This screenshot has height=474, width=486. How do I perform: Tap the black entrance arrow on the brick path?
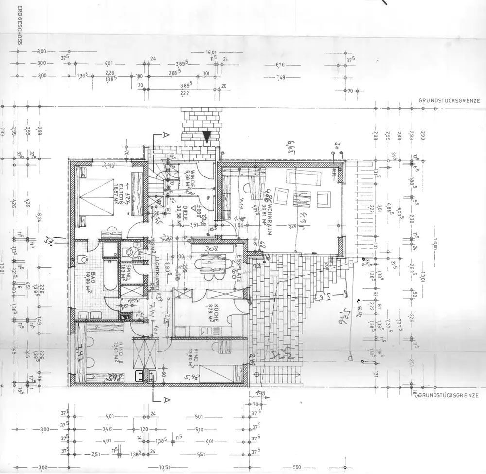tap(207, 137)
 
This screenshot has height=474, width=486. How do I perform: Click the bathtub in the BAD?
tap(110, 275)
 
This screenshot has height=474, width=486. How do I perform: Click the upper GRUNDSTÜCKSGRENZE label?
tap(449, 101)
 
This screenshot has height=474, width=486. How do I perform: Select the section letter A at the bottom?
tap(167, 400)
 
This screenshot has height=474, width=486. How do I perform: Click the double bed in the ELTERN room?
tap(97, 197)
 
